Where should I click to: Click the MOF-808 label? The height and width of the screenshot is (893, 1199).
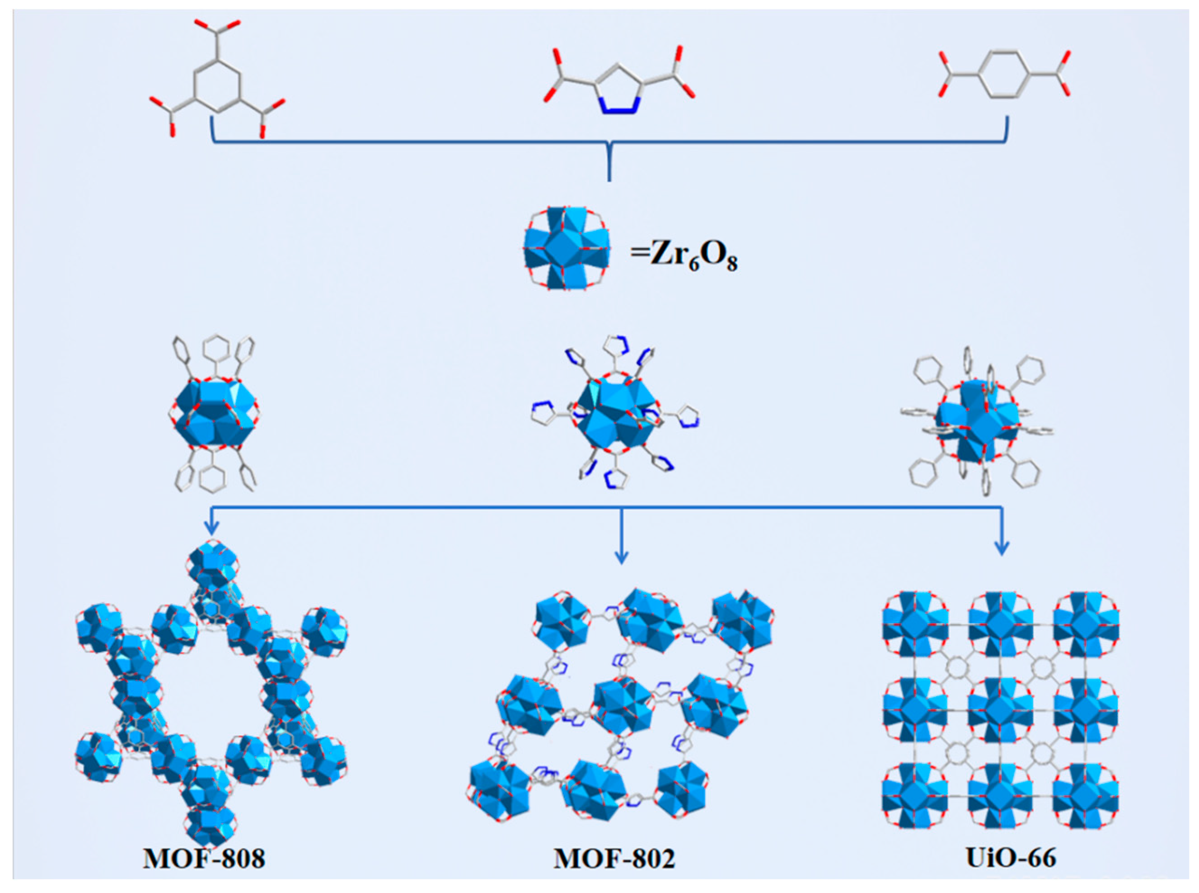[204, 858]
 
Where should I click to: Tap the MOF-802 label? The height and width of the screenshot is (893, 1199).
[614, 858]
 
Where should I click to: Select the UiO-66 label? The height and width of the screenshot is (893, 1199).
[1011, 858]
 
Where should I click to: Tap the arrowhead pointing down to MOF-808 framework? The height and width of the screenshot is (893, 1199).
[212, 528]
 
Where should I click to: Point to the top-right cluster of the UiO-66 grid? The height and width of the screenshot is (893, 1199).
[1086, 624]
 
